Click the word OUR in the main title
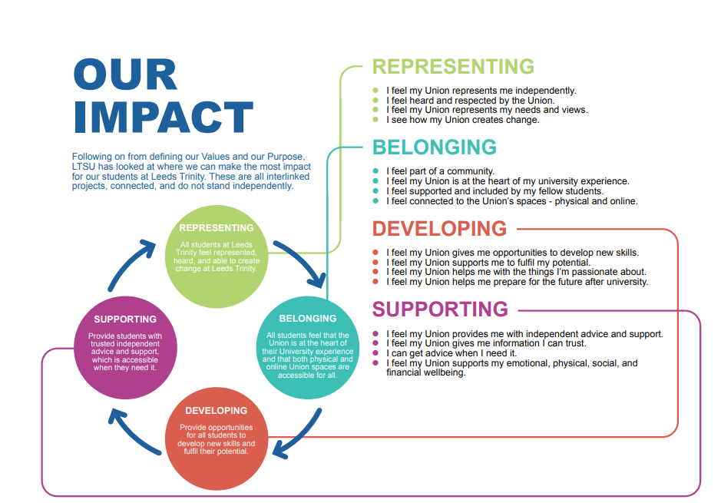[125, 74]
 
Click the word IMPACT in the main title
[164, 117]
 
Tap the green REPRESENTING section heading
[453, 67]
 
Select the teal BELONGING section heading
[435, 147]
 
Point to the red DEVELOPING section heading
[440, 229]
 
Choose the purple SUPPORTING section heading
[440, 309]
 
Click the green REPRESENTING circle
[217, 256]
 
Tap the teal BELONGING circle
[308, 348]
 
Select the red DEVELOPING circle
[217, 438]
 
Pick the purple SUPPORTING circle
[125, 348]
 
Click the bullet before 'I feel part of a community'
[375, 171]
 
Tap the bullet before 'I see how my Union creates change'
[375, 120]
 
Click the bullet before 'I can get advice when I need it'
[375, 353]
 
